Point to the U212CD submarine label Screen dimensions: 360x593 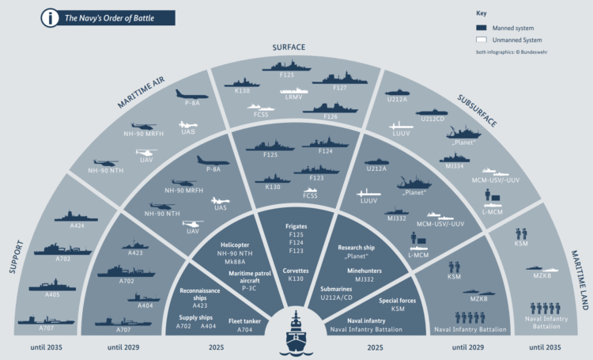pos(432,119)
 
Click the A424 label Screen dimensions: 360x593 pos(77,226)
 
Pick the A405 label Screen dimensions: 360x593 pos(54,296)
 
